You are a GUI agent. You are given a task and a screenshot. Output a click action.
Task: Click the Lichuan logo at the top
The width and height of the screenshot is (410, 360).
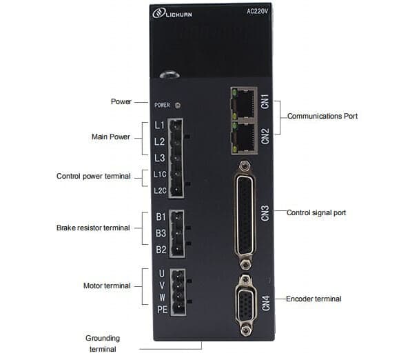pos(172,13)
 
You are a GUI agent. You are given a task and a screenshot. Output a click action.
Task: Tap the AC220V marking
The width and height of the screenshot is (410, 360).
pos(257,12)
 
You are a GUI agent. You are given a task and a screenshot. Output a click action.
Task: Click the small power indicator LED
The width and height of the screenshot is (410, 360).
pos(178,106)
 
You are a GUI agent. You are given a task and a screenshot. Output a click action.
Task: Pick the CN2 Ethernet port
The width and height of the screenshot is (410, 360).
pos(244,137)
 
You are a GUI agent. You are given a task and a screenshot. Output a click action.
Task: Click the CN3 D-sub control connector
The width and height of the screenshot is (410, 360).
pos(245,215)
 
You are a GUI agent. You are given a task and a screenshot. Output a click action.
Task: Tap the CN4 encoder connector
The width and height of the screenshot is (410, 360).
pos(245,305)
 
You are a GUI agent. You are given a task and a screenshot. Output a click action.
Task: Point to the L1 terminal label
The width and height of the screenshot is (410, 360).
pos(159,125)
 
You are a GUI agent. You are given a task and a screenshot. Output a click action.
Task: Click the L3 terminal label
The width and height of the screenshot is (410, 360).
pos(159,158)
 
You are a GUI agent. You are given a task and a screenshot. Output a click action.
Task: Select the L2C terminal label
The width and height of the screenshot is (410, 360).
pos(160,191)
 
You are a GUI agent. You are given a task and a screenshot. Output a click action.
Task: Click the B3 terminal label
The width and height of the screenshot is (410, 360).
pos(161,233)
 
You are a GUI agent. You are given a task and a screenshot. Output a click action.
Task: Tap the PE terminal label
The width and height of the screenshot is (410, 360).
pos(162,310)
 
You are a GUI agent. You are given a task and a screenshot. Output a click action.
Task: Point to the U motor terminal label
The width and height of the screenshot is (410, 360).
pos(162,273)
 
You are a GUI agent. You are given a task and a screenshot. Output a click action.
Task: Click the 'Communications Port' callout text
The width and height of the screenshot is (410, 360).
pos(322,116)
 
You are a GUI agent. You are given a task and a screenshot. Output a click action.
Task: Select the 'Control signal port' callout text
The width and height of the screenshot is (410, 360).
pos(316,212)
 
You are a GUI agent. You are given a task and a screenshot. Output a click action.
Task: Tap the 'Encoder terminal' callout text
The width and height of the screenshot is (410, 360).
pos(314,299)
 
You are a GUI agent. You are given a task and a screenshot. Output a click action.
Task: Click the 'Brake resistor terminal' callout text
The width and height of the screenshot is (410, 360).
pos(93,228)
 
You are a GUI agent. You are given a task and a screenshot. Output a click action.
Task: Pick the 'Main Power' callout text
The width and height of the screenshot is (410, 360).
pos(111,137)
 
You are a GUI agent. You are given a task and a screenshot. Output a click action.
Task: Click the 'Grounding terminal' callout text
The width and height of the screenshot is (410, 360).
pos(103,343)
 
